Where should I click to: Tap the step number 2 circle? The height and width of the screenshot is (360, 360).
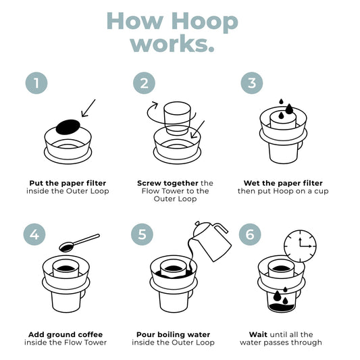(143, 83)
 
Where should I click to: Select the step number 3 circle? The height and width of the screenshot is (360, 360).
(251, 83)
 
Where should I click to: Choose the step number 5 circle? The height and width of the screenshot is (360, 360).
(143, 234)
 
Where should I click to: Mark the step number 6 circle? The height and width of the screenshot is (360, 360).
(251, 234)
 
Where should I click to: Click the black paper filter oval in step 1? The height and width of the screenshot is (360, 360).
(68, 126)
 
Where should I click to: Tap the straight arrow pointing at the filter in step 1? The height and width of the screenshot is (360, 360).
(88, 107)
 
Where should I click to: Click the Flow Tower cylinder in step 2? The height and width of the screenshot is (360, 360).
(177, 119)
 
